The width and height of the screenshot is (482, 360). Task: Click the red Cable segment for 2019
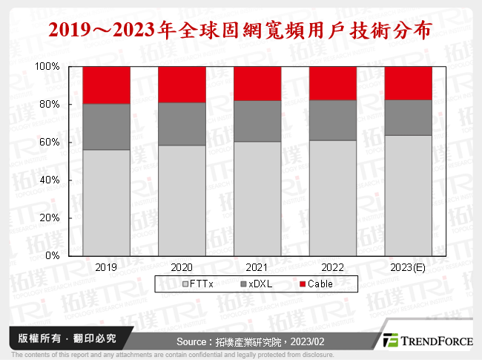(106, 85)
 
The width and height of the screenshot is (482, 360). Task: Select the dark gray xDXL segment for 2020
(182, 123)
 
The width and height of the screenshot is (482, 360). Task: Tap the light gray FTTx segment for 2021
(257, 198)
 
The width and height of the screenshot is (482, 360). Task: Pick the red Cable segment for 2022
(333, 83)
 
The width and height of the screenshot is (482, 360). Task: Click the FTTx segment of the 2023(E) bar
(408, 195)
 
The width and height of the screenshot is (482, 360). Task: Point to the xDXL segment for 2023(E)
(408, 117)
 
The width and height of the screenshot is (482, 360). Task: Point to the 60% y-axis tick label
(50, 143)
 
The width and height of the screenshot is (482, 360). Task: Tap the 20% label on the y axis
(50, 218)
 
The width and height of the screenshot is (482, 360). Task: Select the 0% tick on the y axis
(53, 256)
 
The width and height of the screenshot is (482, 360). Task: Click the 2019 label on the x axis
(106, 266)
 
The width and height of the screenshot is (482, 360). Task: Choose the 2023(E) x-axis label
(408, 266)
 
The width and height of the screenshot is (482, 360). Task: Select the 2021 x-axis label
(257, 266)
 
